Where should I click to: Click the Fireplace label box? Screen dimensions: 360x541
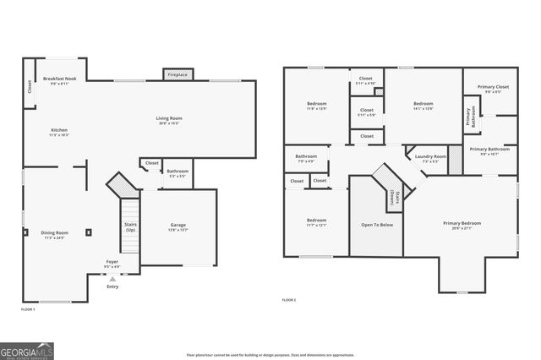click(177, 74)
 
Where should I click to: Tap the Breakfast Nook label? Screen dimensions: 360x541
click(60, 79)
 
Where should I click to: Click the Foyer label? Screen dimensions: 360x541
click(112, 264)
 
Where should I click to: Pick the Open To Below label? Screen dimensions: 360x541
click(376, 226)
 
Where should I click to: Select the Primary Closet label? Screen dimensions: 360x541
click(492, 87)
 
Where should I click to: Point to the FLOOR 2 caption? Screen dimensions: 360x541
click(290, 300)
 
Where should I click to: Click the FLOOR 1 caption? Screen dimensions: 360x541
click(28, 310)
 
